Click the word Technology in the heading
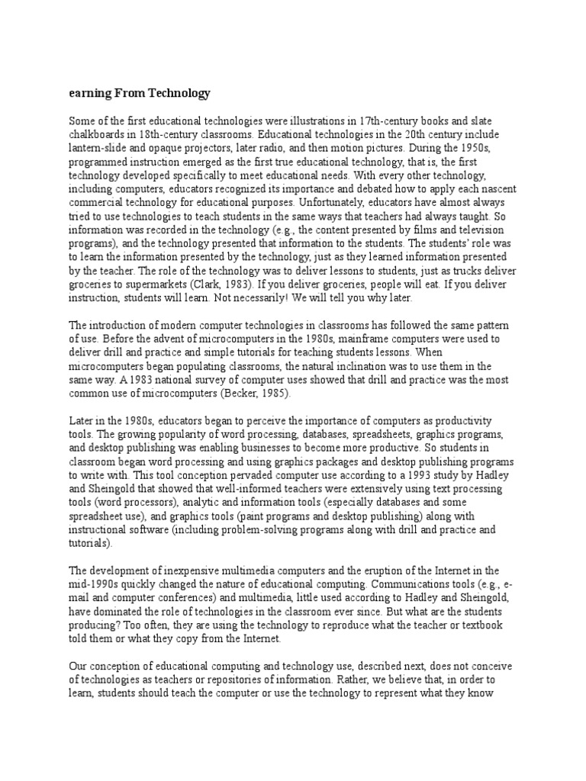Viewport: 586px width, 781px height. point(175,94)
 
